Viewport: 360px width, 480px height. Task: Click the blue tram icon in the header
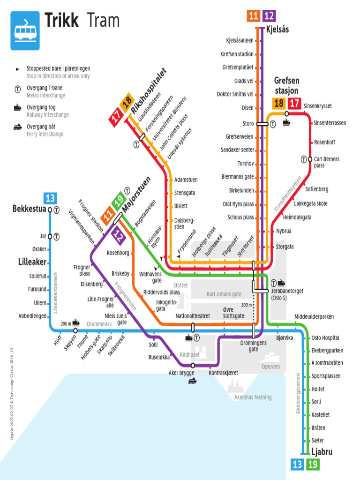click(x=25, y=30)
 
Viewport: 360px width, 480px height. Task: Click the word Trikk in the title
click(x=61, y=21)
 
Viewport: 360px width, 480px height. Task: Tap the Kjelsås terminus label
click(x=277, y=30)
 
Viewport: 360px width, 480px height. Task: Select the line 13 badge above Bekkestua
click(x=50, y=198)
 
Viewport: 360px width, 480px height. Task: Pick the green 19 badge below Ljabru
click(x=313, y=465)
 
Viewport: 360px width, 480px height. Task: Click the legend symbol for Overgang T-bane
click(x=17, y=88)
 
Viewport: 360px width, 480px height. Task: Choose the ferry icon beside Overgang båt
click(x=17, y=127)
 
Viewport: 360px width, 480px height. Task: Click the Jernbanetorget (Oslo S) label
click(x=287, y=294)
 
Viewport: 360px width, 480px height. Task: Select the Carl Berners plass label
click(x=326, y=162)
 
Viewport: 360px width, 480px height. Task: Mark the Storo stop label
click(x=248, y=124)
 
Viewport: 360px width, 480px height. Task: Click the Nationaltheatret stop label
click(x=193, y=316)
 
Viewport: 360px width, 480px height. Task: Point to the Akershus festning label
click(x=253, y=397)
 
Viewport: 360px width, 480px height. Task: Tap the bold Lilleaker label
click(x=32, y=262)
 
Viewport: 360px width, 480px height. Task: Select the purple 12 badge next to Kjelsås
click(x=269, y=16)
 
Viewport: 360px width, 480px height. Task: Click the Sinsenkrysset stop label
click(x=317, y=106)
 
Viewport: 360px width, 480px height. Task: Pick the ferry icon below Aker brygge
click(x=193, y=381)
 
